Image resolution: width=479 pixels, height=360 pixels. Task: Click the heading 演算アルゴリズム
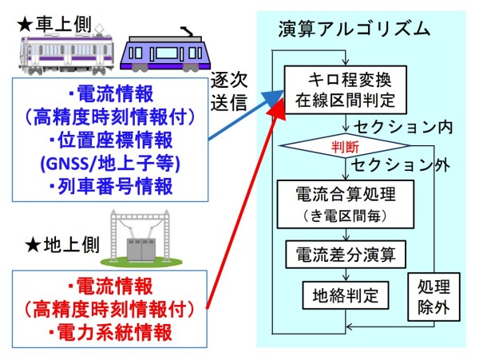[354, 30]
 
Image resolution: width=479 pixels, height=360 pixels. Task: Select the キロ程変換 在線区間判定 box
[346, 90]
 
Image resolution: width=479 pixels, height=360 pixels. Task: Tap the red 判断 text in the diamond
[345, 148]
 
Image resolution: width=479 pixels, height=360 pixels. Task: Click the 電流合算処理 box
[346, 204]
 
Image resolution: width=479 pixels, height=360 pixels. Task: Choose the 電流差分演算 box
[346, 255]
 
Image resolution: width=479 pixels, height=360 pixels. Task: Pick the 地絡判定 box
[346, 295]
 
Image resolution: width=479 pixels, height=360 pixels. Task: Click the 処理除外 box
[433, 297]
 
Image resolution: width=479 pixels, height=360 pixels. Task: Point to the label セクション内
[403, 128]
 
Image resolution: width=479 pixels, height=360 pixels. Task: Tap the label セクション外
[401, 165]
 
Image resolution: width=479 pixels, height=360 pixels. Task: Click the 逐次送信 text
[229, 92]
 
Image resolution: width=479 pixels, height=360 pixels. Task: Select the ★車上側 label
[54, 24]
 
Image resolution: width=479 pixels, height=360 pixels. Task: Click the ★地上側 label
[62, 245]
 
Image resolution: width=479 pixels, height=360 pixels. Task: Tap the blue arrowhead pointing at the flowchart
[275, 98]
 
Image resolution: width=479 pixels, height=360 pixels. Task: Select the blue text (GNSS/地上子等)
[110, 163]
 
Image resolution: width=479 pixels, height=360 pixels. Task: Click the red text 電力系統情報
[110, 332]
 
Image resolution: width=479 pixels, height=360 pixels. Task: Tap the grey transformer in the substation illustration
[141, 250]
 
